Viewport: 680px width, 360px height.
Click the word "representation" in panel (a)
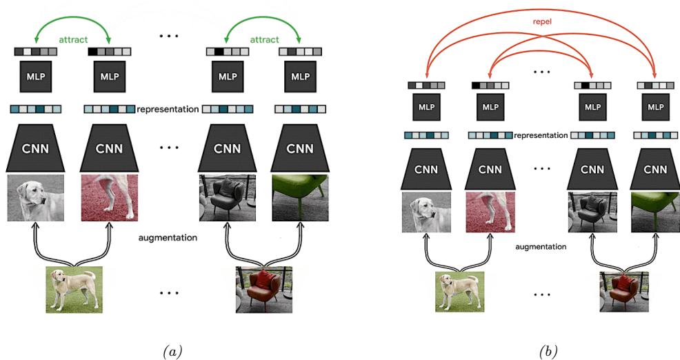168,109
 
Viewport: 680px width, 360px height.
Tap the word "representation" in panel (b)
541,135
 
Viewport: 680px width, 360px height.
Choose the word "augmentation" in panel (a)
168,237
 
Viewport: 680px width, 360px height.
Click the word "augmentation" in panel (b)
541,246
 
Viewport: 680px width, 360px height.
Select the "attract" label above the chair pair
264,41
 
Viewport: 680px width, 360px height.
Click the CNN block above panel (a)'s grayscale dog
36,148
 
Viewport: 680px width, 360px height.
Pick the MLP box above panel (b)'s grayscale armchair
592,107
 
